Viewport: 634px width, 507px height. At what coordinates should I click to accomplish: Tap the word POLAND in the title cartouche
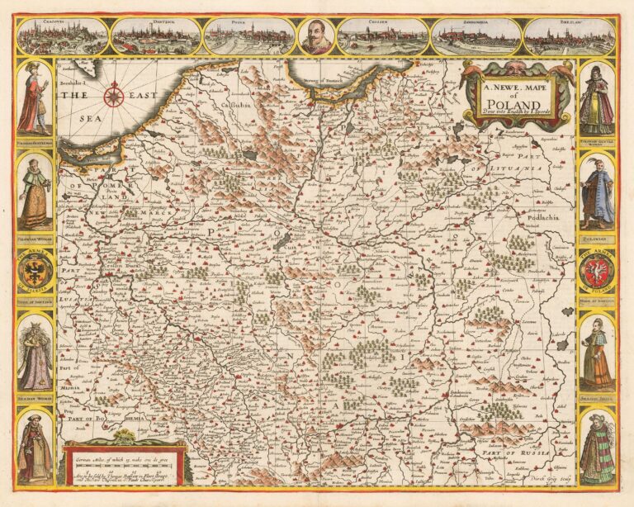pos(518,104)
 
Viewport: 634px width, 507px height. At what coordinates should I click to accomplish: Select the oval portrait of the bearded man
pos(317,36)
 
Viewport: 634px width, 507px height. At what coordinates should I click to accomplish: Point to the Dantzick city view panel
pos(156,36)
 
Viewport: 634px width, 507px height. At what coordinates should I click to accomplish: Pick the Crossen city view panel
pos(384,36)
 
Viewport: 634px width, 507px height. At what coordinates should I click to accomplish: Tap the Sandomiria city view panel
pos(476,36)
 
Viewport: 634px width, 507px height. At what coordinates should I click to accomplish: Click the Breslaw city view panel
pos(570,36)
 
